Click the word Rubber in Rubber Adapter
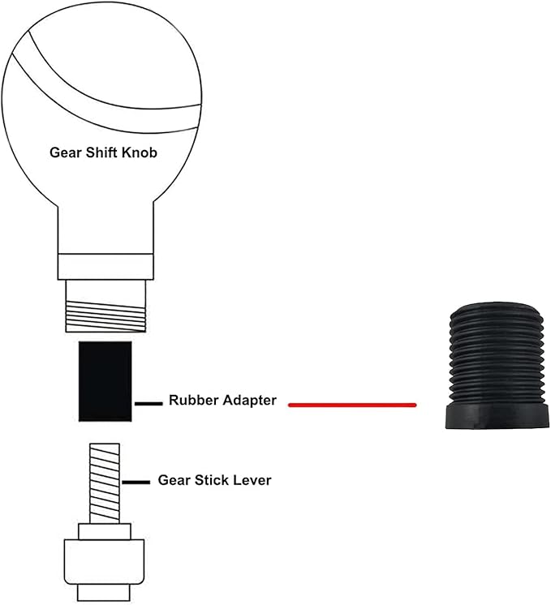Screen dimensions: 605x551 click(192, 401)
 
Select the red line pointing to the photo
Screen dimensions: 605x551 click(352, 404)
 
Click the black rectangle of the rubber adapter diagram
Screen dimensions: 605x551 click(105, 381)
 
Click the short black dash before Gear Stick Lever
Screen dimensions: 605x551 click(136, 482)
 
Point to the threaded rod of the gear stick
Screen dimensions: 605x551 click(105, 482)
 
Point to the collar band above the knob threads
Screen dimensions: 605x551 click(104, 266)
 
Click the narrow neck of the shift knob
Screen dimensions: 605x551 click(104, 227)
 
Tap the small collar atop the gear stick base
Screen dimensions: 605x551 click(104, 531)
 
